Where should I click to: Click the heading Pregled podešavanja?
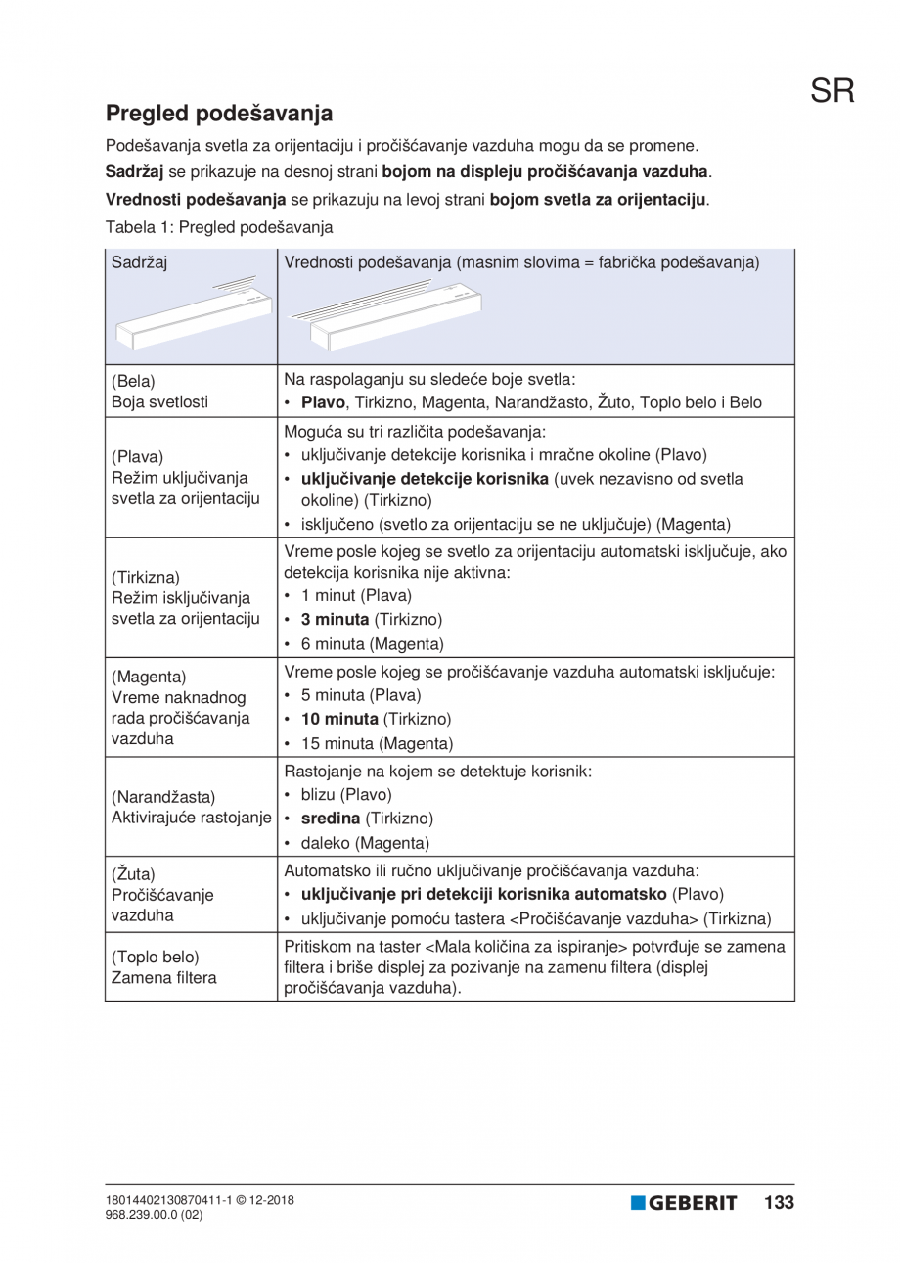click(219, 113)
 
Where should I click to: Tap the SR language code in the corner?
click(832, 91)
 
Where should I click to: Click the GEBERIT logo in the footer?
click(684, 1203)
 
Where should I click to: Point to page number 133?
click(779, 1202)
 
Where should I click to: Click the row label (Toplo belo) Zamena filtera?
click(163, 966)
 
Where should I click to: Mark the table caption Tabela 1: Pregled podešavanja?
click(219, 227)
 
